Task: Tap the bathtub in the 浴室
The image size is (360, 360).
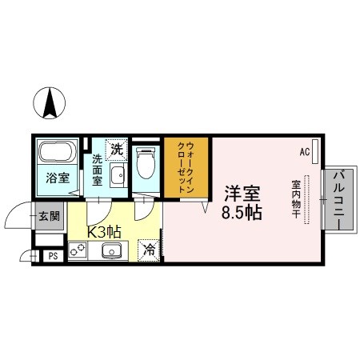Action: point(56,153)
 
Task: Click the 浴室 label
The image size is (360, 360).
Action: point(56,178)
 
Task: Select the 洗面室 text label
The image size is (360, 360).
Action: point(97,169)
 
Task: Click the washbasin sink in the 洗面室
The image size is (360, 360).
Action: point(118,176)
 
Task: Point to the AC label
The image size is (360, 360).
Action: point(304,150)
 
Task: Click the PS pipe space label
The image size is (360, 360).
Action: point(53,256)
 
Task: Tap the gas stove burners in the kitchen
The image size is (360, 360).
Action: point(78,250)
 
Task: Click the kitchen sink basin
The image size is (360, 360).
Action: point(109,251)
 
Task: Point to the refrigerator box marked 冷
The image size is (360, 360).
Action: point(150,249)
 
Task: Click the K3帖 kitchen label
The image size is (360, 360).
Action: point(103,231)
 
